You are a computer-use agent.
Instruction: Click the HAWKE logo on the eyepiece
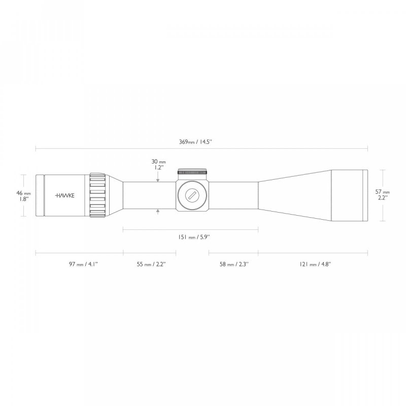(64, 195)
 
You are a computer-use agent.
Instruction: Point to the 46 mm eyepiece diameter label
(24, 193)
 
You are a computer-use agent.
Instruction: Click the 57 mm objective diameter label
(382, 192)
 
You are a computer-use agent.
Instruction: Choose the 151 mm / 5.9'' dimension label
(191, 237)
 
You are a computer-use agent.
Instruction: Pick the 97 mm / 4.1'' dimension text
(80, 264)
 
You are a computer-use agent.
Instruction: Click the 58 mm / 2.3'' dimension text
(233, 264)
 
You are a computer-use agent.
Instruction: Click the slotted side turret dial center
(193, 195)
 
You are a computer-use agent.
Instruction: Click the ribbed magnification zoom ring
(98, 195)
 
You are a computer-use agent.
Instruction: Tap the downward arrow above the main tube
(158, 179)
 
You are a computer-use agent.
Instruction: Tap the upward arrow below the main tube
(158, 211)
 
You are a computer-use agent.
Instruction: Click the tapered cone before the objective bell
(294, 195)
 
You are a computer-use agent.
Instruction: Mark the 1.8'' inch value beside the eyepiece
(24, 199)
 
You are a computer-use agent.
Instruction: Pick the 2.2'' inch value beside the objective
(382, 198)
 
